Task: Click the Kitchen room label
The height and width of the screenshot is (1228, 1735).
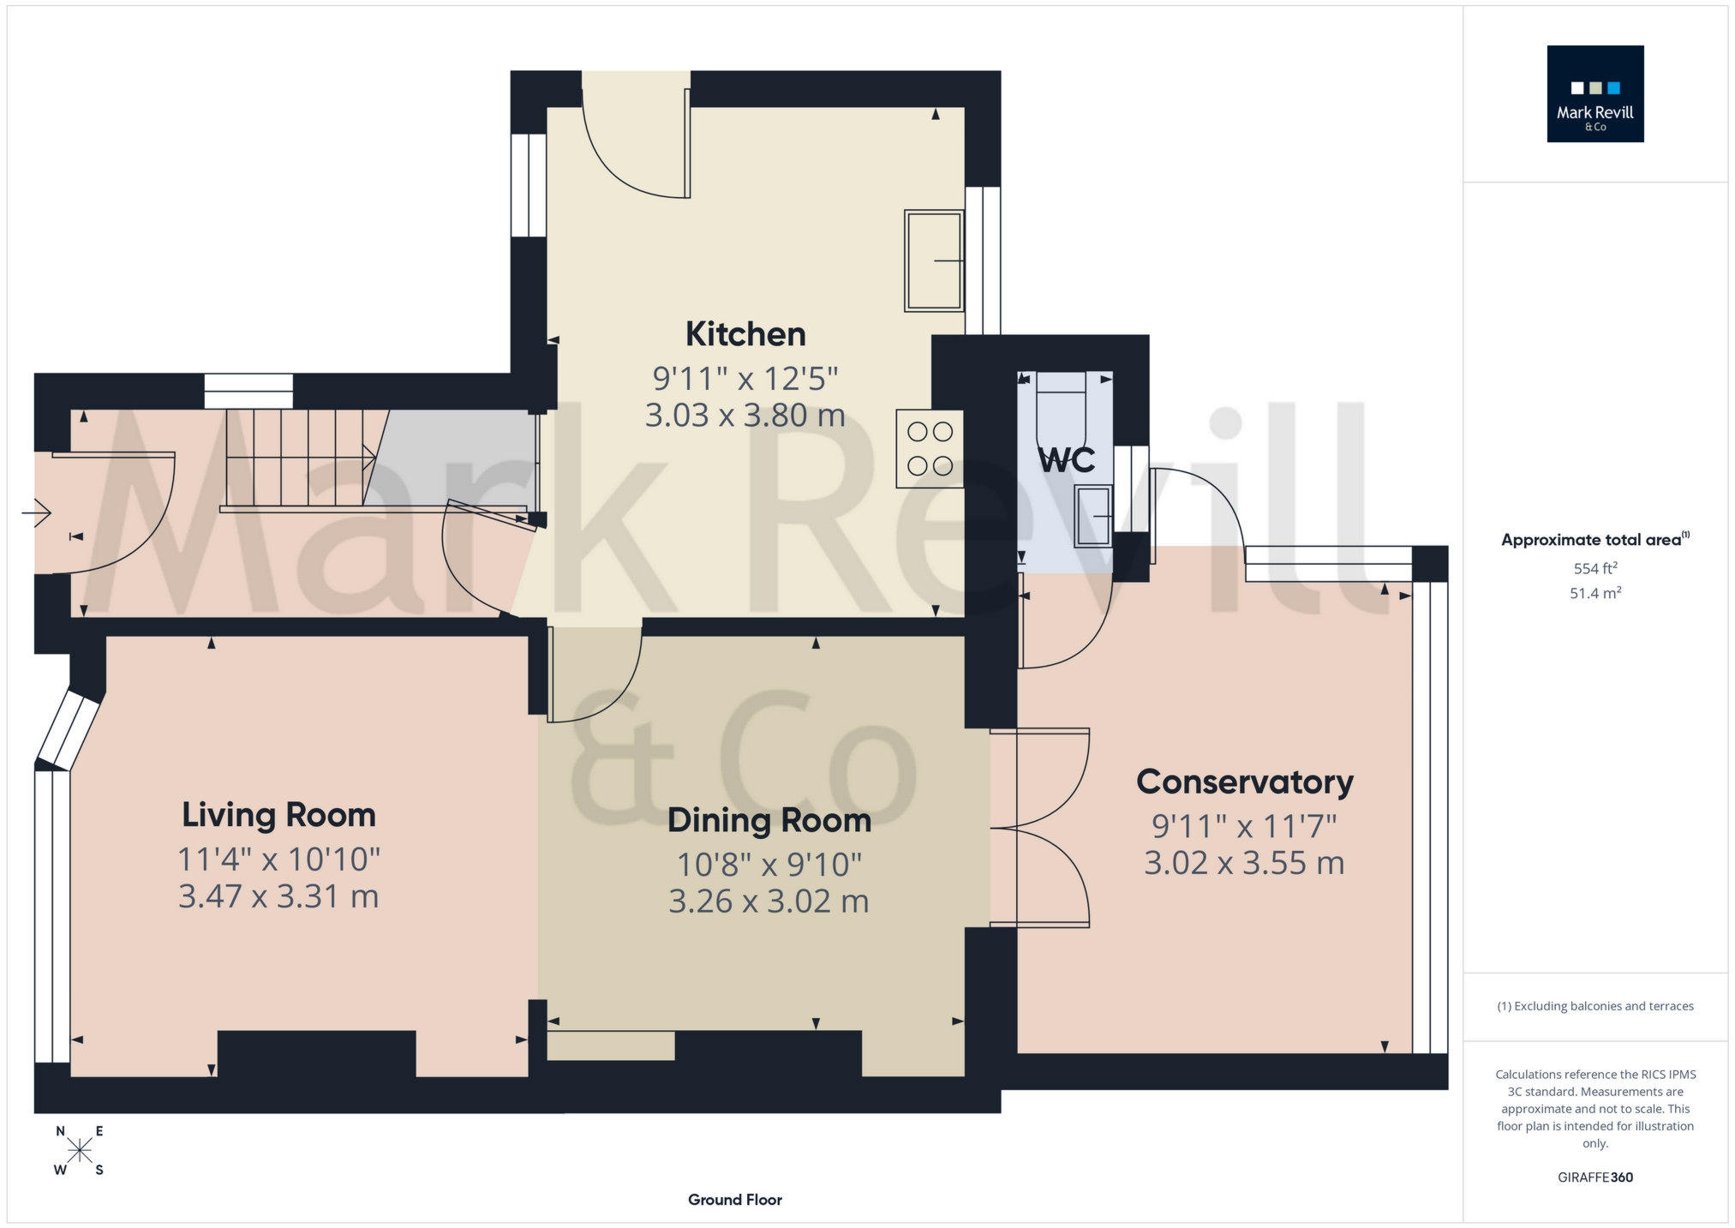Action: [745, 334]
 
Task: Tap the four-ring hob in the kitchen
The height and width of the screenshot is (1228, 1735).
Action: [930, 448]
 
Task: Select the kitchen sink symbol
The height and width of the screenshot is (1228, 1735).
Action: [934, 261]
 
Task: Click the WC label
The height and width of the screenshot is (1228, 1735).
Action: [1067, 460]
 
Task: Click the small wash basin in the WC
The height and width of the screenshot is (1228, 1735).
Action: [1094, 516]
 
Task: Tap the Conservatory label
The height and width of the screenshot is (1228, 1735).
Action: [1244, 782]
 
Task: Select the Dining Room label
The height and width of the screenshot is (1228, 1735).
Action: [769, 820]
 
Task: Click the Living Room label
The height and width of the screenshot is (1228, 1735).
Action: [278, 814]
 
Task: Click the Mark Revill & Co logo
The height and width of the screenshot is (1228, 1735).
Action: [1594, 94]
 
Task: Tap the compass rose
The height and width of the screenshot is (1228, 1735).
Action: [80, 1150]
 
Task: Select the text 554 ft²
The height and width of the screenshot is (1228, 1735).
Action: [1594, 568]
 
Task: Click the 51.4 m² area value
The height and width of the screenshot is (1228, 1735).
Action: [1594, 593]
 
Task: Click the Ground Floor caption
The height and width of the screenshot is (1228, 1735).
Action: [734, 1200]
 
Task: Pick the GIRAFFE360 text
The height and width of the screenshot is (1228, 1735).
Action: [1594, 1177]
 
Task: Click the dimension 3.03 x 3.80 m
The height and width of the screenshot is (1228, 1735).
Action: [745, 416]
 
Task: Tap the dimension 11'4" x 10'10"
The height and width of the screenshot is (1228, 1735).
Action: [278, 858]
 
